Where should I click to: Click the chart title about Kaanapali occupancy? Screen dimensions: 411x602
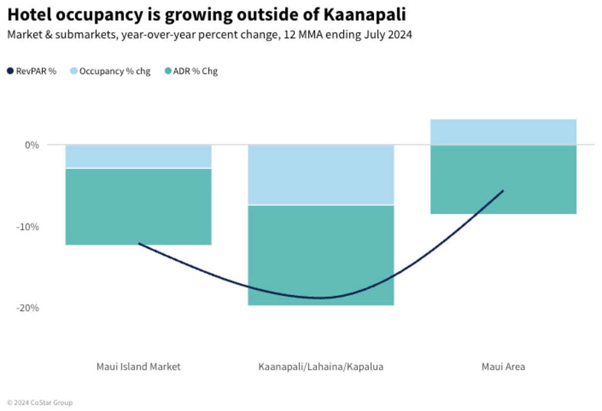(206, 14)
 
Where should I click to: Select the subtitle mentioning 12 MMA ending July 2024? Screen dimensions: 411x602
(209, 35)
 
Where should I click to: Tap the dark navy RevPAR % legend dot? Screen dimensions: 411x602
(11, 72)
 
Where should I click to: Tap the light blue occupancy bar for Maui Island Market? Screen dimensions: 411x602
(138, 157)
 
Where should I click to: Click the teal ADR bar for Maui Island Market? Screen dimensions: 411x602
(138, 206)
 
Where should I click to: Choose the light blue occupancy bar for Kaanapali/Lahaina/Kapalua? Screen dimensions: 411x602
(321, 174)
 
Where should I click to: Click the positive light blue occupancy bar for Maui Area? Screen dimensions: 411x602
(503, 132)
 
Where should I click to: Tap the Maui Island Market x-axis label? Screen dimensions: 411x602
(138, 367)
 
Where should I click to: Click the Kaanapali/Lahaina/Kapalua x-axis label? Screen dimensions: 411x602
(321, 367)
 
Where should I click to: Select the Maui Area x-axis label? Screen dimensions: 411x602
(503, 367)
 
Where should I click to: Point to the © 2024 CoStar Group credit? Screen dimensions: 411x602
(39, 403)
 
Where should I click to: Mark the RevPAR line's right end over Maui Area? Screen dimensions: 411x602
(503, 191)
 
